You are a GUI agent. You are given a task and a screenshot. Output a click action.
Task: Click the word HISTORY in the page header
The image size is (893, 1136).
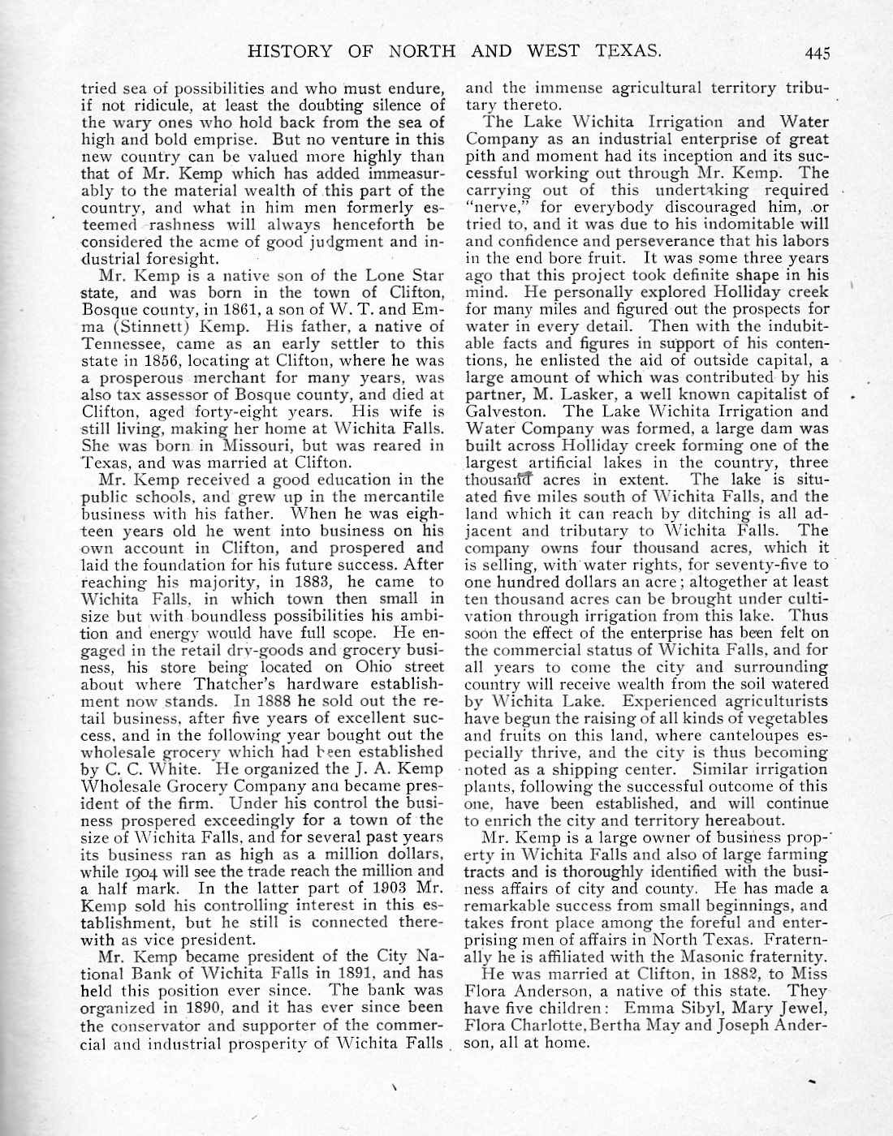tap(289, 52)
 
